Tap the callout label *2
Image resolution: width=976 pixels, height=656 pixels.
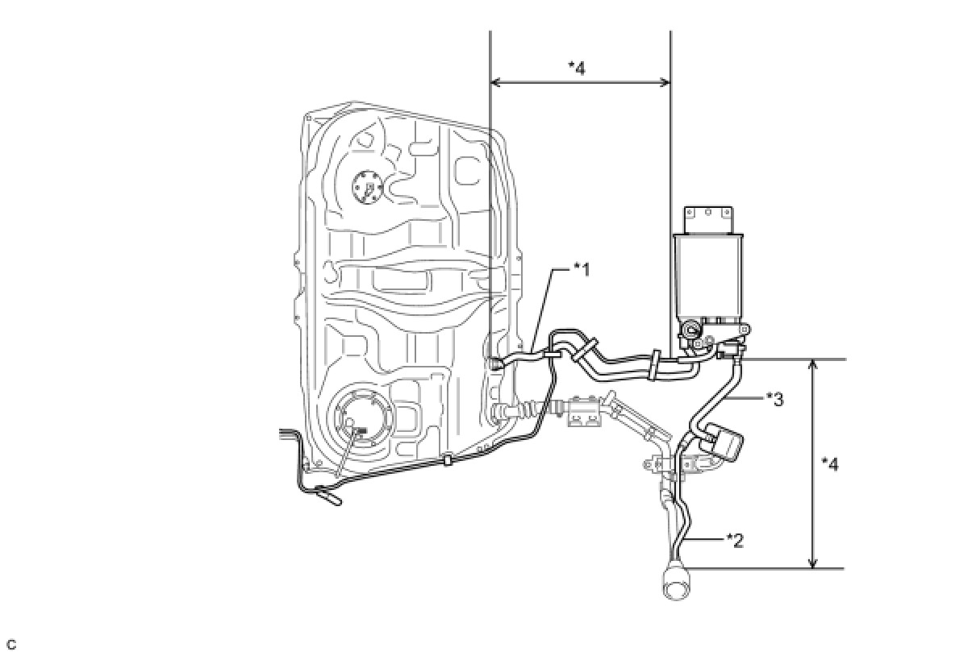(x=734, y=538)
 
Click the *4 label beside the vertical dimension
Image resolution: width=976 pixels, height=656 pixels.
(x=829, y=464)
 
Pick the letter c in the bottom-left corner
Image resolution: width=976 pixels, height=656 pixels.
(x=10, y=645)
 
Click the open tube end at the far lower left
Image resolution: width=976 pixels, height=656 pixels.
(x=332, y=500)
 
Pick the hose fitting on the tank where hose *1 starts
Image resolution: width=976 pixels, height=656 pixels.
(x=495, y=364)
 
